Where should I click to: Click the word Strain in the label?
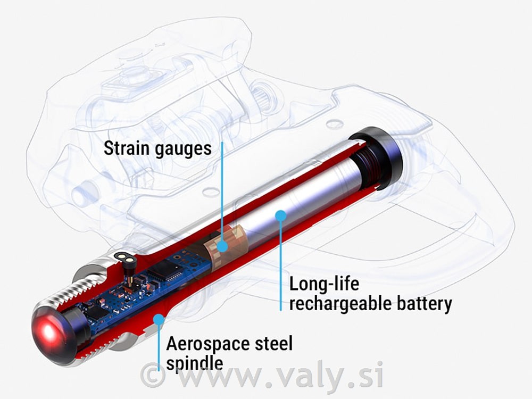[x=126, y=148]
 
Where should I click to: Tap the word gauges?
[x=183, y=150]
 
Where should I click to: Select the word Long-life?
[x=324, y=284]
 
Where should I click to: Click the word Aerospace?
[x=207, y=344]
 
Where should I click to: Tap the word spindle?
[x=194, y=364]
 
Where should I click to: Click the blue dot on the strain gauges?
[x=222, y=246]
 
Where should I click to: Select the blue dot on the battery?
[x=280, y=216]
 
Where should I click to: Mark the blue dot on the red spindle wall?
[x=159, y=319]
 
